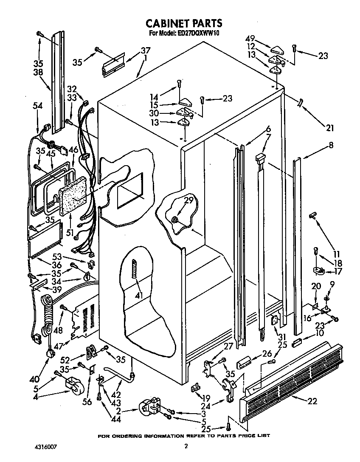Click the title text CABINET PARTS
click(184, 23)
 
